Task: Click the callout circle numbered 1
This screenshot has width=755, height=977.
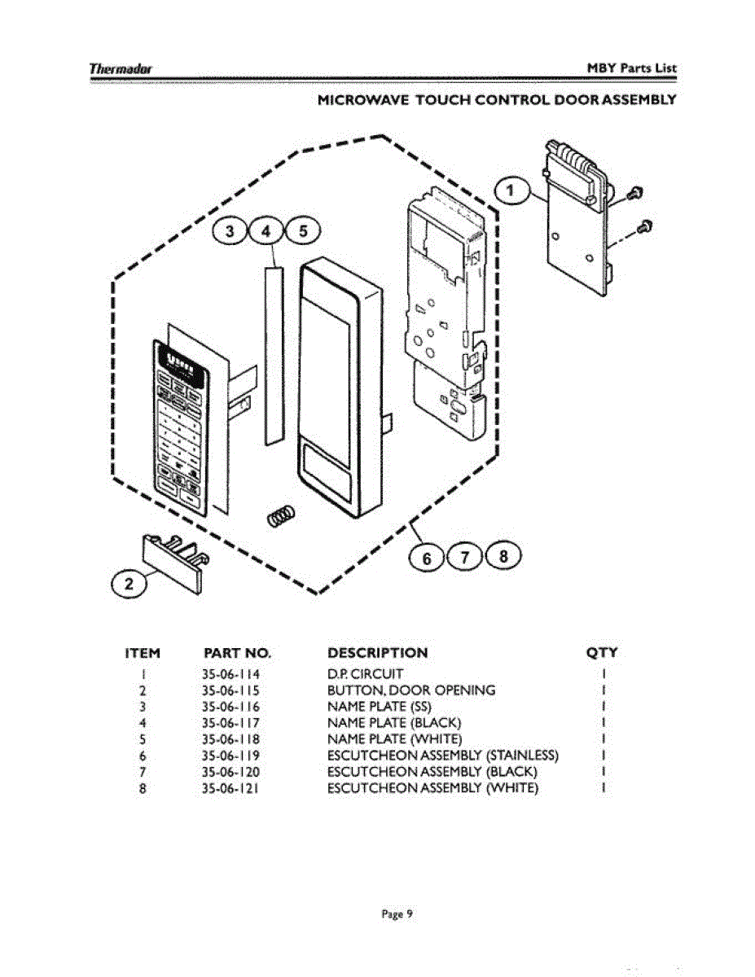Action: click(x=511, y=191)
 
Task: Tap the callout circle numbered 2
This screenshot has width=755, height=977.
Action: click(x=127, y=583)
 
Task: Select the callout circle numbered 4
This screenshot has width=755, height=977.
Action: click(x=266, y=231)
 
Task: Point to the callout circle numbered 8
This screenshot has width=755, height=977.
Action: click(x=503, y=557)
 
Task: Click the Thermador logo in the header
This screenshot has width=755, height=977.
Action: click(x=122, y=68)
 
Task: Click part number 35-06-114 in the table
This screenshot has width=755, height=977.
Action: click(x=230, y=674)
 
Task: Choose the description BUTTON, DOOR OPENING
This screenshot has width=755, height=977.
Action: click(x=410, y=690)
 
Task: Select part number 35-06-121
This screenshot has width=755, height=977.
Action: click(x=230, y=788)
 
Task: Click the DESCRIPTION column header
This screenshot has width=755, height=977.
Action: click(x=376, y=653)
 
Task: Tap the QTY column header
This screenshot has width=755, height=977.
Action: click(x=602, y=653)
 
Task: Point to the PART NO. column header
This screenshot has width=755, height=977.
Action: click(x=236, y=653)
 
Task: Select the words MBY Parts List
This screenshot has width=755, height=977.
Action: click(x=632, y=68)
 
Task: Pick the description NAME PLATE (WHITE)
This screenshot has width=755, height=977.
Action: click(x=394, y=739)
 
